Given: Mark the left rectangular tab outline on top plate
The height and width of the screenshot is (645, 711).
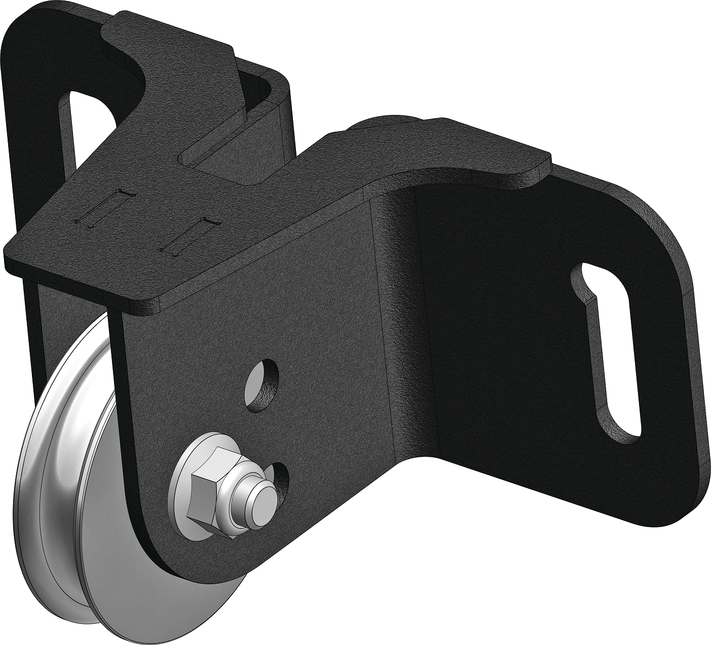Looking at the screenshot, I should coord(104,208).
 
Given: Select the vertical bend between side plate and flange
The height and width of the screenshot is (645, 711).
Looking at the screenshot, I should coord(400,329).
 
